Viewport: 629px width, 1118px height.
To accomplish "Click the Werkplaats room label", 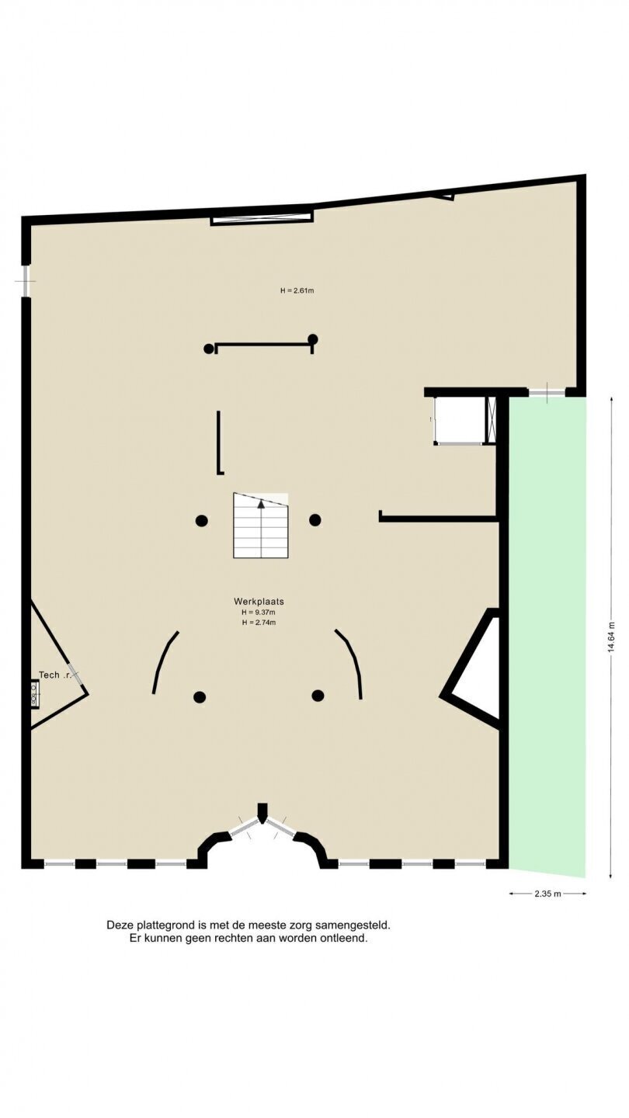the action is click(x=259, y=602).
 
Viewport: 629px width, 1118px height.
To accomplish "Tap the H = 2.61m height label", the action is click(x=297, y=290).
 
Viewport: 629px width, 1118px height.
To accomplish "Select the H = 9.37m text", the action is click(x=259, y=613).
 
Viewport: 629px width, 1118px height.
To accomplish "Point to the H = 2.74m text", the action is click(x=259, y=623).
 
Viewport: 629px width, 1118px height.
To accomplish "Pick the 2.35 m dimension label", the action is click(x=547, y=894).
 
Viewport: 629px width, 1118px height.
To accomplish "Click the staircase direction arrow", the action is click(x=261, y=504).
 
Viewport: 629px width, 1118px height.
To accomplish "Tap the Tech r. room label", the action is click(x=55, y=675).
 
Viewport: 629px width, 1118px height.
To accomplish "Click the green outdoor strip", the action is click(x=547, y=634).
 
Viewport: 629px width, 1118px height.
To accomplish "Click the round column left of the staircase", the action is click(x=201, y=520).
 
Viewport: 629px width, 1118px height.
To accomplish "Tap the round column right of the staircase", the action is click(x=315, y=520).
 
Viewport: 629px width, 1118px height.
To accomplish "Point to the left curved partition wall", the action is click(x=164, y=661).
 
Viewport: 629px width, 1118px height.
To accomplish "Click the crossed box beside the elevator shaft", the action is click(x=492, y=419).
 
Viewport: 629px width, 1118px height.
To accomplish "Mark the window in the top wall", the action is click(x=262, y=218).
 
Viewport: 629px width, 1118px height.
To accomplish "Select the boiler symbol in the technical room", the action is click(x=34, y=694).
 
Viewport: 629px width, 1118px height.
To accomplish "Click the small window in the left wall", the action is click(x=26, y=281).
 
